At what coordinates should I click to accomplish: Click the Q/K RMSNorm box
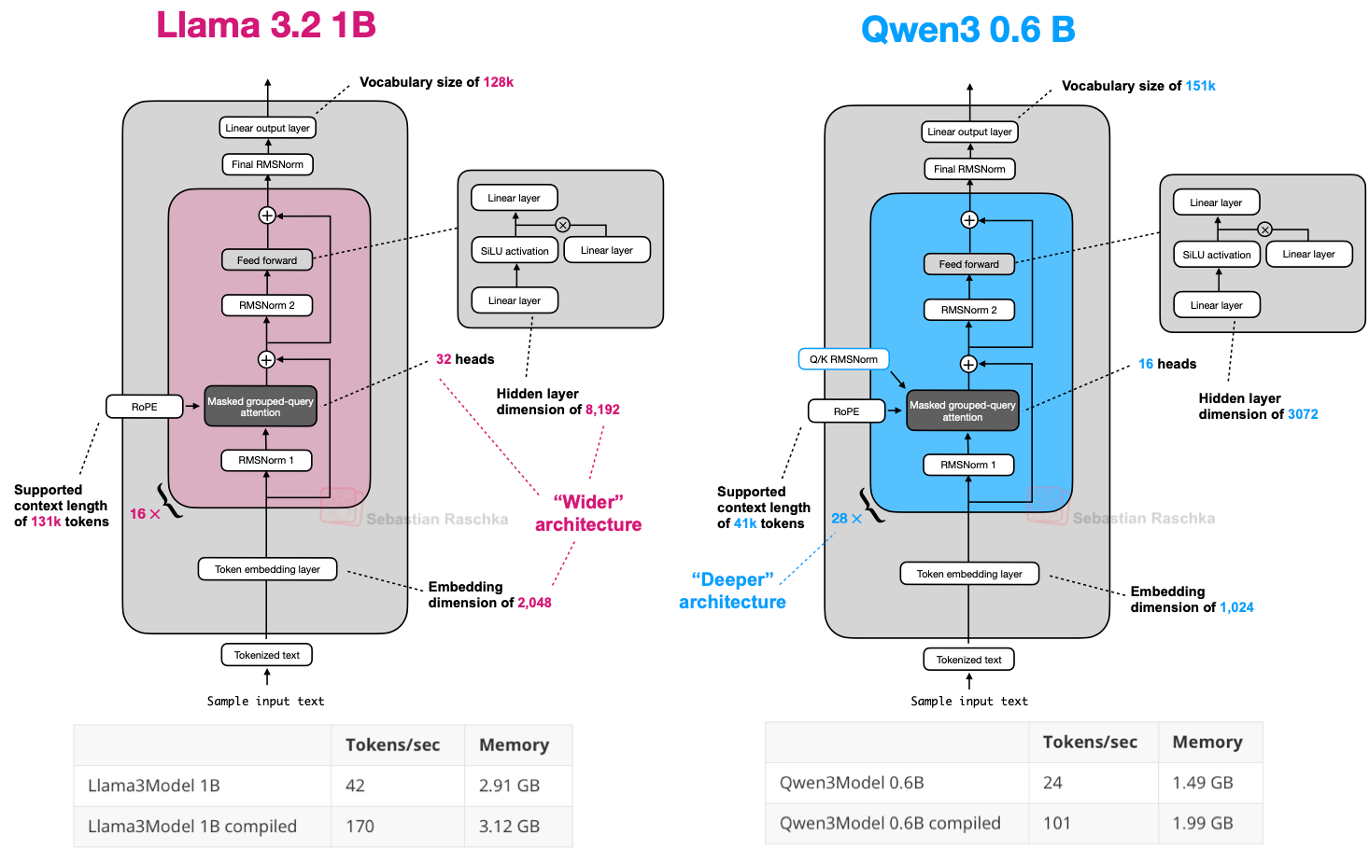pos(843,359)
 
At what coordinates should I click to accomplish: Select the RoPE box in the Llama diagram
pos(144,407)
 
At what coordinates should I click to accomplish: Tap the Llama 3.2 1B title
pos(266,25)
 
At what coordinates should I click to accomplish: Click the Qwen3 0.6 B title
pos(967,30)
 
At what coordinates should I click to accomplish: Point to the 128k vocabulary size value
pos(498,82)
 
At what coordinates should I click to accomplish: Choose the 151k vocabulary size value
pos(1200,86)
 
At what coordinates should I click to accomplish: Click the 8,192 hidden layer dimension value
pos(602,410)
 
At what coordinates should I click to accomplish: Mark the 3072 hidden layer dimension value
pos(1303,414)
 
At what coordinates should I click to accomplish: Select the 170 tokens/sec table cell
pos(360,827)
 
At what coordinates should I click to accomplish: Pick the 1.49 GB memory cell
pos(1203,783)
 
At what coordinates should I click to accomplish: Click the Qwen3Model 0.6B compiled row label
pos(890,823)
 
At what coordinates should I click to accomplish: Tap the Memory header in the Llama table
pos(514,745)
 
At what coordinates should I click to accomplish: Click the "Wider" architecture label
pos(588,513)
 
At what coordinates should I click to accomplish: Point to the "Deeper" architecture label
pos(732,591)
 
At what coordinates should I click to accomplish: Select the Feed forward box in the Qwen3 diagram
pos(968,264)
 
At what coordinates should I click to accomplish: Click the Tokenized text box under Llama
pos(267,655)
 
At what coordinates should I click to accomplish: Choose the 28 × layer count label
pos(846,519)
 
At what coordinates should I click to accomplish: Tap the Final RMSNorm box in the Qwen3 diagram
pos(969,169)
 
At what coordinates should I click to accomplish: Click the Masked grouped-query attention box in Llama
pos(261,407)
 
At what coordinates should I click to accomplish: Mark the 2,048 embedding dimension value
pos(534,603)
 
